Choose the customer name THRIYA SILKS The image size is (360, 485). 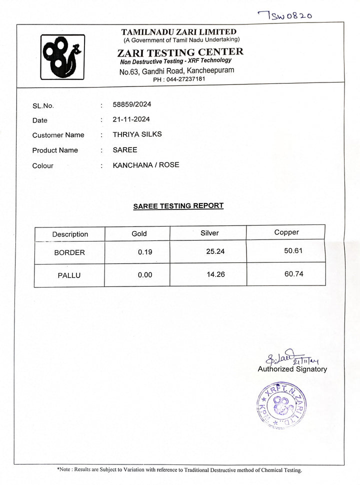(137, 134)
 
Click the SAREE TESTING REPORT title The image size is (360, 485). (178, 205)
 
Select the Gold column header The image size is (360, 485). (139, 233)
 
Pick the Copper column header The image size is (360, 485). (286, 232)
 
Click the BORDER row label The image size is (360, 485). (69, 252)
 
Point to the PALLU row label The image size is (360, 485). (69, 274)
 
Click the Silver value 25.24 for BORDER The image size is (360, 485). (215, 251)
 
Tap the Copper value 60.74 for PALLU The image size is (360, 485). (293, 273)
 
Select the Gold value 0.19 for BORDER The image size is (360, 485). (145, 252)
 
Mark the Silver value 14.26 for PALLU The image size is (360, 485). (215, 274)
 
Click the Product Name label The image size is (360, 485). (55, 150)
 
